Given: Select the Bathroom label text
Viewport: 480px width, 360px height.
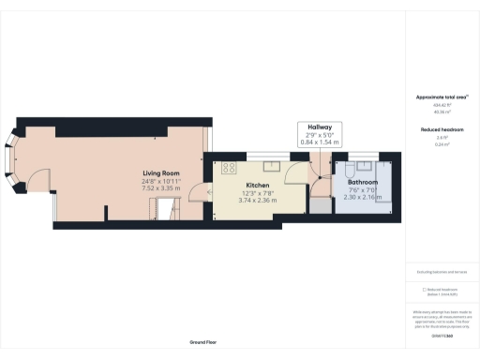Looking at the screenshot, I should [363, 181].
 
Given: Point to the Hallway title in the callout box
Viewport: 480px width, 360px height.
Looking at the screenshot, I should [320, 127].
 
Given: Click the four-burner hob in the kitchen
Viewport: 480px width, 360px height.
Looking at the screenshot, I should [228, 168].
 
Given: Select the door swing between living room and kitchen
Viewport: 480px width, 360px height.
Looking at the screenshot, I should [197, 192].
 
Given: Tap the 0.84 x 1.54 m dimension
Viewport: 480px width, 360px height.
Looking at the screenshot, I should [320, 143].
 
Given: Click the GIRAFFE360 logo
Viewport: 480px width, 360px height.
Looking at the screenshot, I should [442, 335].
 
